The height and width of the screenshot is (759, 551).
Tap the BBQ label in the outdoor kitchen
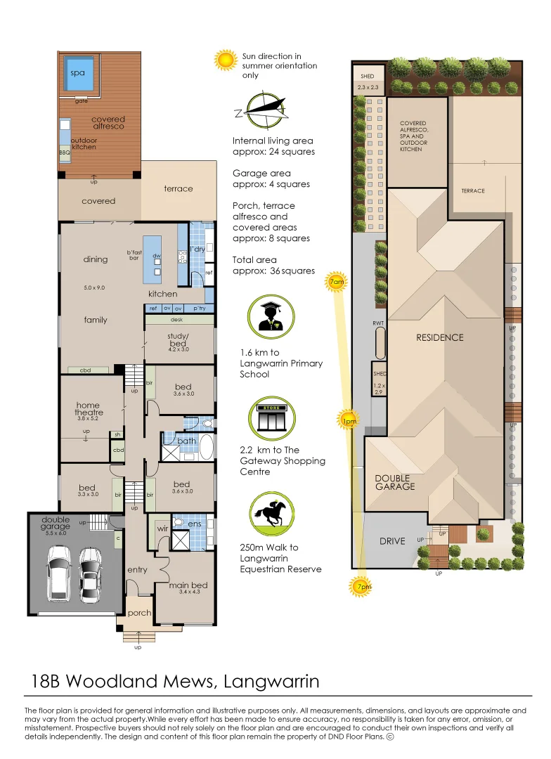(x=65, y=153)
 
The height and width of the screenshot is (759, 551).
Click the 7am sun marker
(x=336, y=281)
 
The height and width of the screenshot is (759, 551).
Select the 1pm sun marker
(x=349, y=421)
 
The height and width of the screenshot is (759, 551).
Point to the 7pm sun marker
(x=361, y=586)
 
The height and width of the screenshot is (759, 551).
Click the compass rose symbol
(x=264, y=110)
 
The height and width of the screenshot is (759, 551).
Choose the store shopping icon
(x=271, y=419)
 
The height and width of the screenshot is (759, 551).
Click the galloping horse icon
(x=271, y=514)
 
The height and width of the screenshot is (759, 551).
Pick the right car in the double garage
(x=91, y=575)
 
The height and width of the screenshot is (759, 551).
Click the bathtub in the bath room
(x=206, y=447)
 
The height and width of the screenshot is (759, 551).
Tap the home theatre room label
(x=89, y=409)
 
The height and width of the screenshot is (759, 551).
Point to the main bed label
(x=188, y=585)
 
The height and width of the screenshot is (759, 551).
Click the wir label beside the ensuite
(x=162, y=528)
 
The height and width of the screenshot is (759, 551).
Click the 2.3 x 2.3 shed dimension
(x=368, y=88)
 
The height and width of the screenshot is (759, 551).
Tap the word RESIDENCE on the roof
(x=440, y=337)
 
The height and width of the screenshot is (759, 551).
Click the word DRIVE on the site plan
(x=392, y=541)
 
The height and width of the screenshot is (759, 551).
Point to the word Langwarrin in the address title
(x=271, y=682)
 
